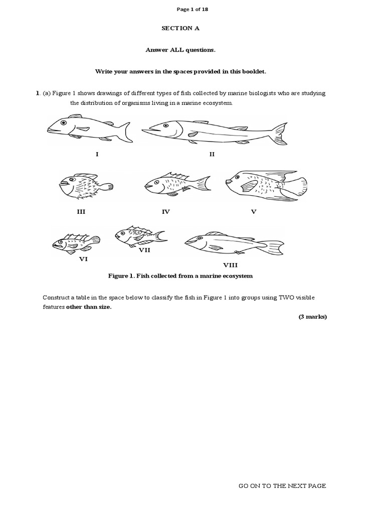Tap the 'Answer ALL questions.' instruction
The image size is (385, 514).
(x=173, y=50)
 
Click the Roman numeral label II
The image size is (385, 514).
(x=212, y=154)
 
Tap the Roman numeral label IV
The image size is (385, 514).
(x=165, y=212)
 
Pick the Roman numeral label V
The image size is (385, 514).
(x=253, y=212)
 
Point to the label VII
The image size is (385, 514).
(x=144, y=249)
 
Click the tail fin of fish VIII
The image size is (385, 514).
(x=273, y=246)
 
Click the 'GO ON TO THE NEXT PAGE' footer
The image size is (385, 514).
(x=282, y=486)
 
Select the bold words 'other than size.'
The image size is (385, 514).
(x=89, y=307)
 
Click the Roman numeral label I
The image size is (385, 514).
(x=97, y=154)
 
